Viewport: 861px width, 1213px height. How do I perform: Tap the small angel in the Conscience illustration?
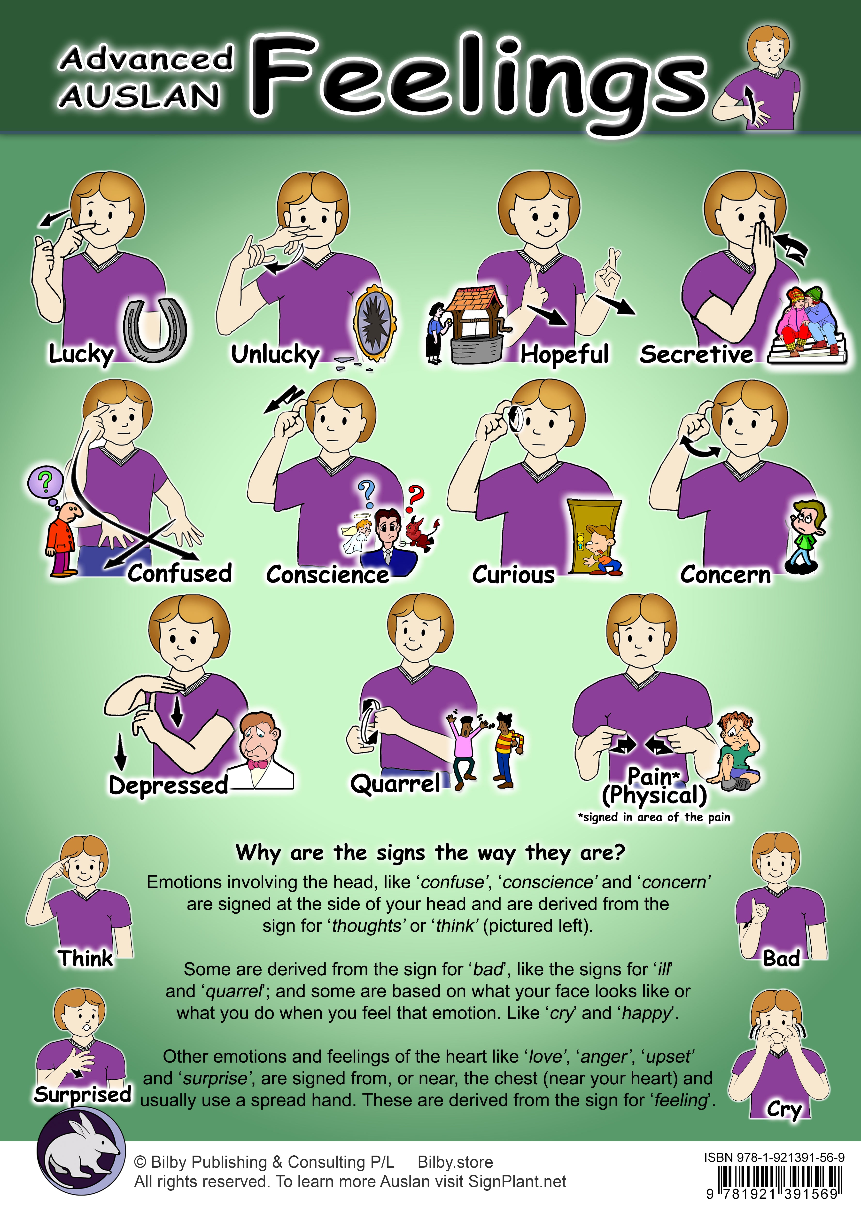pyautogui.click(x=356, y=536)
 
